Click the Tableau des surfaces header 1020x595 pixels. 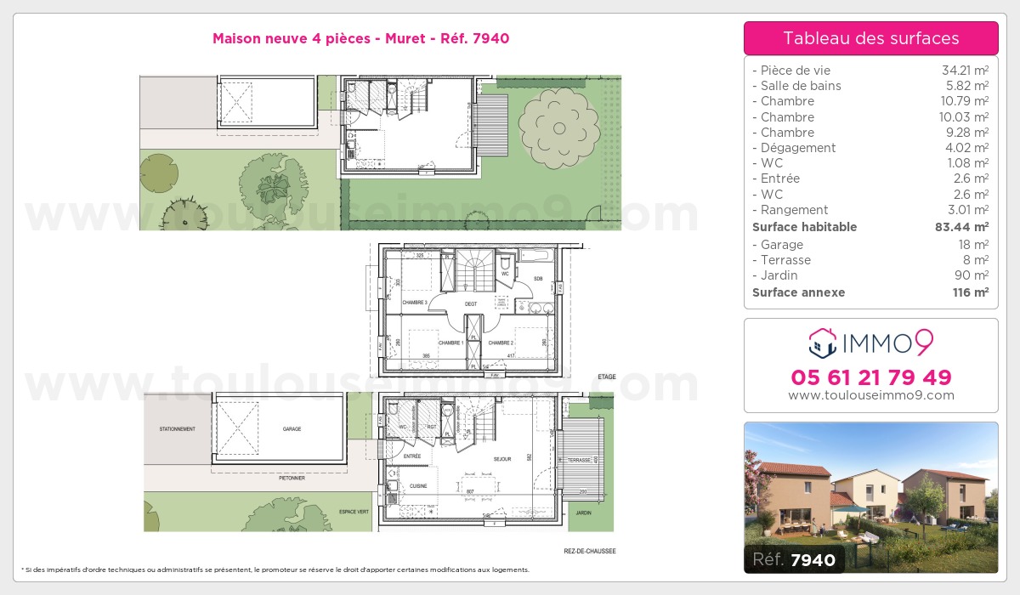pyautogui.click(x=870, y=38)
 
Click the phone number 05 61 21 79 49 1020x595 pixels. pyautogui.click(x=870, y=377)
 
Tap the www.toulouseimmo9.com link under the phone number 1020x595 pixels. pyautogui.click(x=870, y=395)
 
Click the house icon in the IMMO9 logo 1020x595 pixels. pyautogui.click(x=822, y=343)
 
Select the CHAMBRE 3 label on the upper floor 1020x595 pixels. pyautogui.click(x=416, y=303)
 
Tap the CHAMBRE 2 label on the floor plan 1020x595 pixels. pyautogui.click(x=501, y=343)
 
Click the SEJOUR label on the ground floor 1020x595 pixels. pyautogui.click(x=502, y=459)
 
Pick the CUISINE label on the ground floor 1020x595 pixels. pyautogui.click(x=418, y=486)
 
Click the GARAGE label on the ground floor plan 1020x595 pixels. pyautogui.click(x=292, y=429)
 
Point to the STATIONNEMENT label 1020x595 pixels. pyautogui.click(x=178, y=429)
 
